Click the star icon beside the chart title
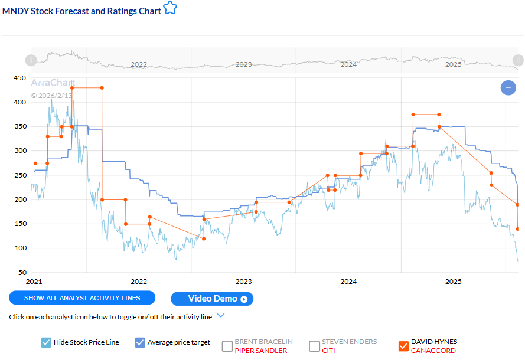pos(170,8)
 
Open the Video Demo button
pos(212,299)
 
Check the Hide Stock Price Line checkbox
pos(47,342)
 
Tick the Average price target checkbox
pos(140,342)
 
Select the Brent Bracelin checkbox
pos(227,346)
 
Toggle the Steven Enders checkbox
pos(314,346)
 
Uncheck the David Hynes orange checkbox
pos(403,346)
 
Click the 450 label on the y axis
pos(19,78)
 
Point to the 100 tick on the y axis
pos(19,248)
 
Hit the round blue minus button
pos(508,88)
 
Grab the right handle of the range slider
pos(517,60)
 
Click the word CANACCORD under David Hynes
pos(433,351)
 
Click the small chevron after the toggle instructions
pos(221,315)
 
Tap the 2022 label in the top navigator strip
pos(139,64)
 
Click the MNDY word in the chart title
pos(15,11)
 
